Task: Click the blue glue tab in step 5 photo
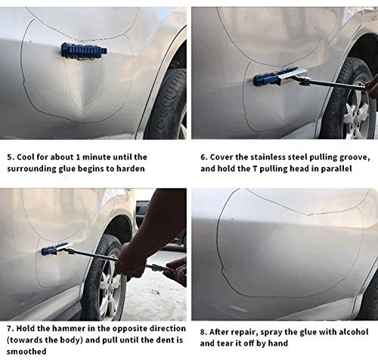pyautogui.click(x=84, y=51)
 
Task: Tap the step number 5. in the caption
pyautogui.click(x=8, y=157)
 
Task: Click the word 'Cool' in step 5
pyautogui.click(x=26, y=157)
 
